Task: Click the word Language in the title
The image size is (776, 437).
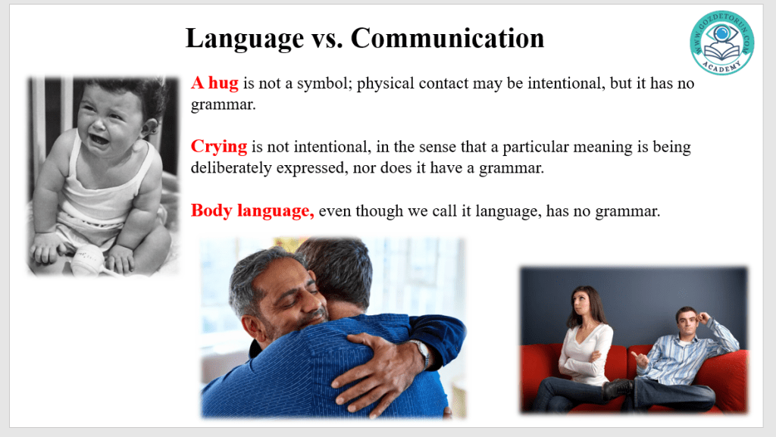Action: coord(245,39)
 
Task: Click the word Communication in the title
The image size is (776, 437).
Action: coord(447,38)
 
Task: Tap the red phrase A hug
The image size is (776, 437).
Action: coord(214,83)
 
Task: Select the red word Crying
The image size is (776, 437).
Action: coord(219,147)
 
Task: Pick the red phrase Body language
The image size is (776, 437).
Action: coord(252,211)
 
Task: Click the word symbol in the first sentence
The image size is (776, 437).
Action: coord(324,84)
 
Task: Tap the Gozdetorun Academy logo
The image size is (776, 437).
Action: coord(722,42)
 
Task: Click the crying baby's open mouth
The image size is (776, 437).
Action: coord(99,140)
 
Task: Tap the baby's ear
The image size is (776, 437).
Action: coord(149,127)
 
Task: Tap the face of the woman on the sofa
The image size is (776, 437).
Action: coord(581,301)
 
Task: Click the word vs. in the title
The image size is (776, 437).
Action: coord(327,39)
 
